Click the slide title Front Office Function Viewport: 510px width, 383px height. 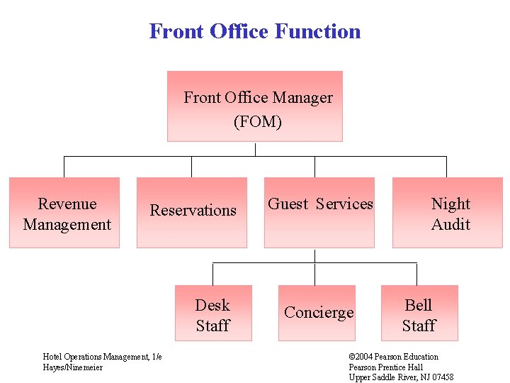(x=254, y=32)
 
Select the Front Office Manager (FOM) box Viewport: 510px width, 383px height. (x=255, y=106)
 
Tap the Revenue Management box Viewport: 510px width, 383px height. (x=64, y=213)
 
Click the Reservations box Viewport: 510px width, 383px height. (x=192, y=212)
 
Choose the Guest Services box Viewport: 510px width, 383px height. (x=319, y=212)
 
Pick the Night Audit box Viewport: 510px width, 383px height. (x=448, y=213)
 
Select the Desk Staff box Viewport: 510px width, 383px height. (x=214, y=313)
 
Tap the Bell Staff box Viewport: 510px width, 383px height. (x=419, y=313)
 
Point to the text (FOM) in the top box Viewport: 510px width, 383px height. (x=258, y=122)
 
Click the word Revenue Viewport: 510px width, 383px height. (x=67, y=204)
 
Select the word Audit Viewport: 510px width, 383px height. (x=450, y=225)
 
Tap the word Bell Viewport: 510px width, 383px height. (x=418, y=306)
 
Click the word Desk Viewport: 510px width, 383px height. (x=212, y=306)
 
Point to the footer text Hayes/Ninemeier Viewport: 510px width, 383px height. (x=72, y=367)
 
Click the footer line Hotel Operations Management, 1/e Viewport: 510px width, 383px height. (x=102, y=357)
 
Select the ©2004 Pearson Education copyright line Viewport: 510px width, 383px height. (x=393, y=357)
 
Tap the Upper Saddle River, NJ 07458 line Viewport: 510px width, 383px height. (x=401, y=377)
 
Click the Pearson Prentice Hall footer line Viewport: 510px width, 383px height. (x=385, y=367)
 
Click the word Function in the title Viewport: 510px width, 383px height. (x=317, y=32)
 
